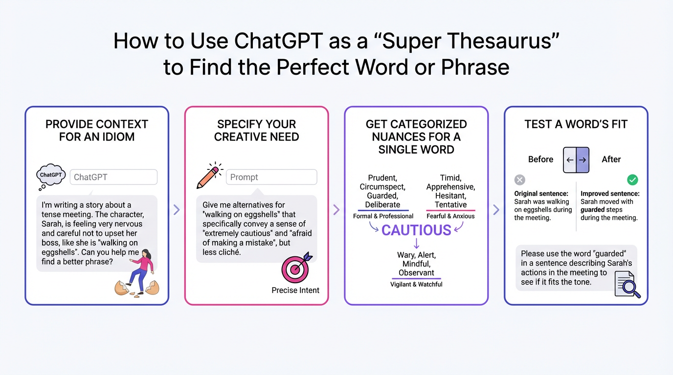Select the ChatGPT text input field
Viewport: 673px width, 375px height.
pos(113,177)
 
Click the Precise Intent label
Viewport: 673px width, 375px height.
pos(295,290)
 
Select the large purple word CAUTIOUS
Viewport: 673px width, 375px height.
pos(416,230)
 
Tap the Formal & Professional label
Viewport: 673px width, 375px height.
pos(383,216)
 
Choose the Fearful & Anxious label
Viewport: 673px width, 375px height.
pos(450,216)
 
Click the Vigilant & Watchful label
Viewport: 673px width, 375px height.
pos(416,284)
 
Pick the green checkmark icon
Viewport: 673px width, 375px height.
pos(632,180)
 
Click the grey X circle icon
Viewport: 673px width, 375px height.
pos(520,180)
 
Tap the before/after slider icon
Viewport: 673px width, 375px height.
pos(576,160)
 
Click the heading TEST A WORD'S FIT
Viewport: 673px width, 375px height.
pos(576,124)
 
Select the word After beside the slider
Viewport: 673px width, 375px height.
pos(611,160)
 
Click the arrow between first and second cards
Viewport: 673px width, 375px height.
pos(177,209)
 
